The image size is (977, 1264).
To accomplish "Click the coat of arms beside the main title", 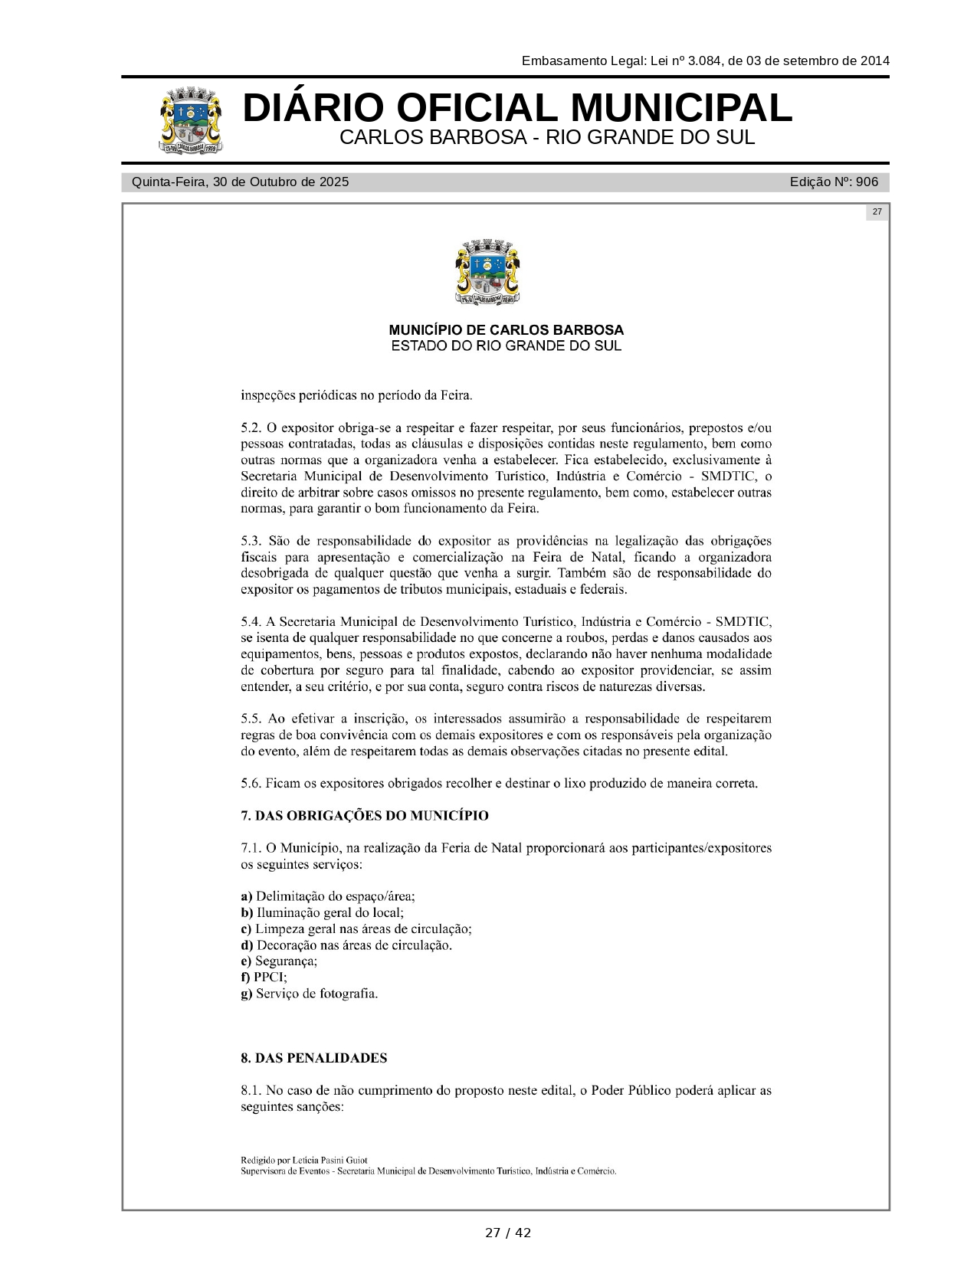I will tap(192, 121).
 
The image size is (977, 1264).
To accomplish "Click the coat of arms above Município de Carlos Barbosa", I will tap(487, 273).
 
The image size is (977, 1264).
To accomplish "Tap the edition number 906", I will tap(867, 182).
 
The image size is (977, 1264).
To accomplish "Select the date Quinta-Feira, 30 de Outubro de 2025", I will tap(240, 182).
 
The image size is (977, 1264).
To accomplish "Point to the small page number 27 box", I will tap(877, 212).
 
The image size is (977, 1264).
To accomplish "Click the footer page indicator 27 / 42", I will tap(507, 1233).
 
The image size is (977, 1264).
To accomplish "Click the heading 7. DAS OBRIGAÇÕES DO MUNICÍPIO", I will tap(365, 816).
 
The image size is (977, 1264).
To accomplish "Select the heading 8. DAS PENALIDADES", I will tap(314, 1058).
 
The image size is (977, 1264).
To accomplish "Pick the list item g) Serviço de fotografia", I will tap(310, 994).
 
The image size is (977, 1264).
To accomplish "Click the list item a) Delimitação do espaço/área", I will tap(328, 896).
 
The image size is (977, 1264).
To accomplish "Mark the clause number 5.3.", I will tap(252, 541).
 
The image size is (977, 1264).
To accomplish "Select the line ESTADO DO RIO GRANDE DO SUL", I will tap(506, 346).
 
